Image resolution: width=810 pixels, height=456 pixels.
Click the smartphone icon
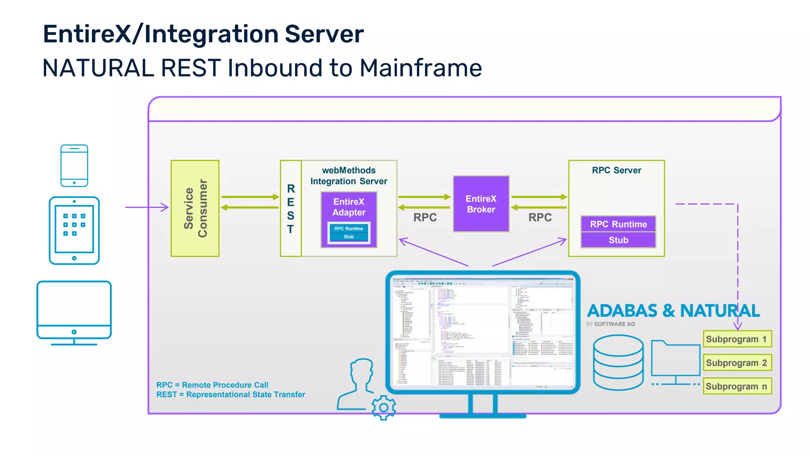click(x=74, y=165)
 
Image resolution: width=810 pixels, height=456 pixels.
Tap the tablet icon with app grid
click(x=74, y=230)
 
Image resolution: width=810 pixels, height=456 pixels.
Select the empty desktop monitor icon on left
click(x=74, y=311)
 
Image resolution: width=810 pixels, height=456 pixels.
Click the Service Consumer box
click(x=195, y=208)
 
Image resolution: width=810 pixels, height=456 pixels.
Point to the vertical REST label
click(x=291, y=209)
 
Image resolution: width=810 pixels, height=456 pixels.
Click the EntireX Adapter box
click(x=349, y=207)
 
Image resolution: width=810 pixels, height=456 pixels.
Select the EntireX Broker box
click(x=481, y=204)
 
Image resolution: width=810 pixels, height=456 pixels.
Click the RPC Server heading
click(x=616, y=170)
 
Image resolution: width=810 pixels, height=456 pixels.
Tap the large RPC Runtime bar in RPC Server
click(x=618, y=224)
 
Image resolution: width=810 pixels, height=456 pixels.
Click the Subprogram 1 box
click(x=737, y=339)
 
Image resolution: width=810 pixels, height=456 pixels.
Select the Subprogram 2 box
click(x=737, y=363)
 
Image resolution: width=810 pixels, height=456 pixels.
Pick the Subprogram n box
click(x=737, y=386)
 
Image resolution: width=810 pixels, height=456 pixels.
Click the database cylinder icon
click(x=618, y=362)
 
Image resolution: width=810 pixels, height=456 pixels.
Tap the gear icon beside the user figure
click(x=383, y=407)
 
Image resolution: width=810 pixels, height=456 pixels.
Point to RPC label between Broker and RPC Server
click(x=540, y=217)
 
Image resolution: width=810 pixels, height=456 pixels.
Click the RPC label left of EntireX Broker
click(x=425, y=217)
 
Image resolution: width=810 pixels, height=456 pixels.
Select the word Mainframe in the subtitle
click(x=420, y=68)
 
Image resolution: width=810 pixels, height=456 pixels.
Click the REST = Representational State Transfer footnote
click(x=231, y=394)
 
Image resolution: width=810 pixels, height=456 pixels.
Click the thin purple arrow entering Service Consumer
click(x=147, y=207)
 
